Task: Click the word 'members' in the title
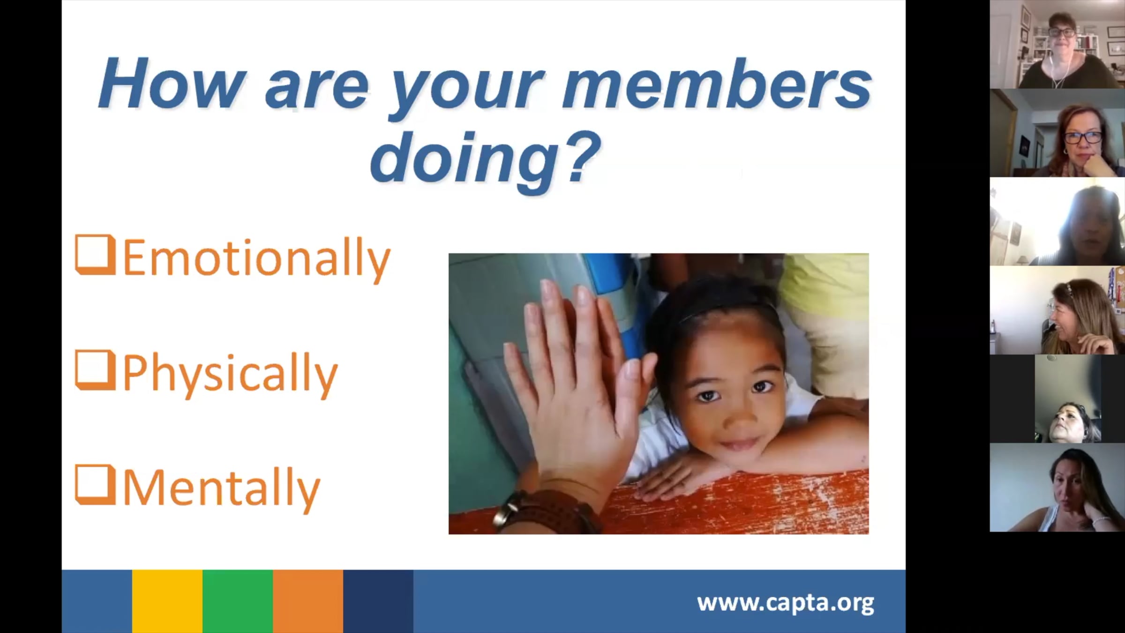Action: pos(717,84)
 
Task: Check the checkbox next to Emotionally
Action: pos(95,254)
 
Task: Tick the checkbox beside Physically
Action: pos(95,370)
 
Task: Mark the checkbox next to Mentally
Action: pos(95,485)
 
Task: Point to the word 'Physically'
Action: pos(230,375)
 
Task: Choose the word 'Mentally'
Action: pos(221,489)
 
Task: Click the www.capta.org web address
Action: pos(785,603)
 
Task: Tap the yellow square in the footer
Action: pos(167,601)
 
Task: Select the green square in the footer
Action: pos(238,601)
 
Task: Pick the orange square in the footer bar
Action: pos(308,601)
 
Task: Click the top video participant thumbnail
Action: pos(1057,44)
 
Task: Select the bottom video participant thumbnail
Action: pos(1057,487)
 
